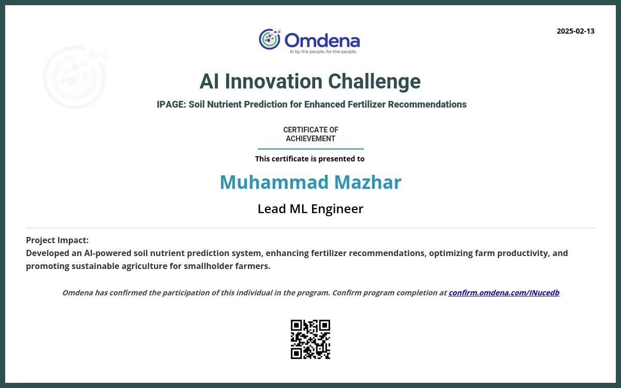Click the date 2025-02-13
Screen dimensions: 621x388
click(x=575, y=31)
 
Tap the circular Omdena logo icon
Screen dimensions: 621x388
click(x=270, y=39)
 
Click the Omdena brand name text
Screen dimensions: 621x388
click(x=322, y=40)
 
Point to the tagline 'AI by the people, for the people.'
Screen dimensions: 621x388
click(x=323, y=52)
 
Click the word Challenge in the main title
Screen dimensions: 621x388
click(x=374, y=82)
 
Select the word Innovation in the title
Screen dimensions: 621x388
click(x=274, y=82)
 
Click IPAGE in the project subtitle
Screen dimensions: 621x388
click(x=171, y=105)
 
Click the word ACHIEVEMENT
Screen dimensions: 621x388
click(x=310, y=139)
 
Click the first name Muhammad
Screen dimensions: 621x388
click(x=274, y=182)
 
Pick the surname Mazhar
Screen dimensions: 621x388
click(x=368, y=182)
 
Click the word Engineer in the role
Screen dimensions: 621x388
click(x=337, y=209)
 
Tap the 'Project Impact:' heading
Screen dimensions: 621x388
click(x=57, y=240)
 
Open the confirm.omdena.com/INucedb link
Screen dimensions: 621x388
click(x=504, y=293)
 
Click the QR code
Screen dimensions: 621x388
click(x=310, y=339)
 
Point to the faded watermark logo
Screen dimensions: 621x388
click(x=76, y=77)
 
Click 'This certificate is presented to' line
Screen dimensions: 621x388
click(x=309, y=159)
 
